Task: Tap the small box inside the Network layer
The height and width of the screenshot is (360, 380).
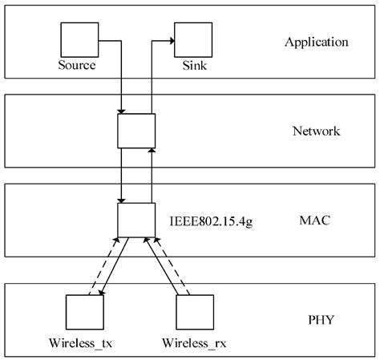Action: pyautogui.click(x=135, y=130)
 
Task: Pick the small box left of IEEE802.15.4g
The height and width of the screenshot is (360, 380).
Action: pyautogui.click(x=135, y=219)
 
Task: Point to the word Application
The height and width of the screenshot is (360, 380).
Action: pyautogui.click(x=317, y=42)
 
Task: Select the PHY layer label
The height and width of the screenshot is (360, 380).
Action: pyautogui.click(x=320, y=321)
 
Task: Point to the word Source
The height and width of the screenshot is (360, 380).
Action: pyautogui.click(x=77, y=64)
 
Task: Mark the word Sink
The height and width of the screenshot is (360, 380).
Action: pyautogui.click(x=193, y=64)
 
